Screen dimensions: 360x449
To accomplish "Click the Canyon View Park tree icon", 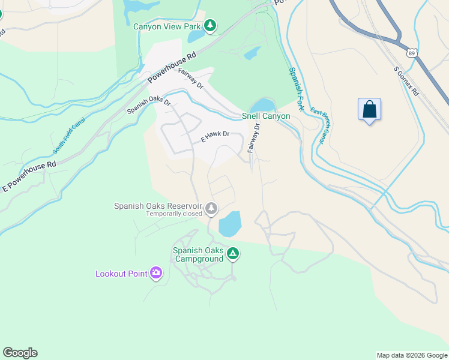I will tap(209, 25).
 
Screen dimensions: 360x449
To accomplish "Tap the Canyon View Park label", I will tap(167, 25).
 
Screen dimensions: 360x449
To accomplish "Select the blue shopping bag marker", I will tap(369, 110).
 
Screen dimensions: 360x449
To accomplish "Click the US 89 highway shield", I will tap(411, 53).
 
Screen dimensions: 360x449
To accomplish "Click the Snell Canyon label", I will tap(266, 116).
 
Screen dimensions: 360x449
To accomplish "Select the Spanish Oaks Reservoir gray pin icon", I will tap(211, 209).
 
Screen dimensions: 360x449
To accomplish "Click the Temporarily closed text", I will tap(174, 214).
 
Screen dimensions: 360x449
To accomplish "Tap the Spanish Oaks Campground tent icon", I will tap(233, 255).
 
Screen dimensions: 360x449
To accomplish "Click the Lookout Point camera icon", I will tap(156, 274).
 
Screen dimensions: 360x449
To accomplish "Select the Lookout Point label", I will tap(121, 274).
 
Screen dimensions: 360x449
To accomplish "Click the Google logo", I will tap(20, 353).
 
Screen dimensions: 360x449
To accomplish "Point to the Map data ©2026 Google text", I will tap(411, 355).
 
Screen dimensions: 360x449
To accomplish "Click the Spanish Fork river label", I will tap(297, 88).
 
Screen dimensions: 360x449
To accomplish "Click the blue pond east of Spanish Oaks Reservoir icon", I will tap(230, 224).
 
